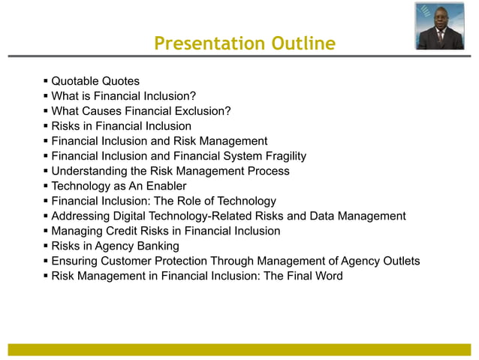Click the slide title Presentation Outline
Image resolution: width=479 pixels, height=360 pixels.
[244, 44]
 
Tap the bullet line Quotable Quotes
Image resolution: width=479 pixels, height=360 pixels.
[95, 81]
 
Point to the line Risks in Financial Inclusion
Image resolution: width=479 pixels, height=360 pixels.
[121, 126]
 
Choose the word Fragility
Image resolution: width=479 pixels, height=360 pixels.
[279, 156]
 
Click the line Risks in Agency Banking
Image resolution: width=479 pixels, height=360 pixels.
[115, 247]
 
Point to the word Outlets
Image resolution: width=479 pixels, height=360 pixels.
[398, 262]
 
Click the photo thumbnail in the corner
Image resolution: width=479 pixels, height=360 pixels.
[439, 26]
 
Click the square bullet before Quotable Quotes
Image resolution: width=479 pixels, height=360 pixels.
[45, 81]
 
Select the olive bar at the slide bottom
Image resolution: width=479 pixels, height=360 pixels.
[239, 349]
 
